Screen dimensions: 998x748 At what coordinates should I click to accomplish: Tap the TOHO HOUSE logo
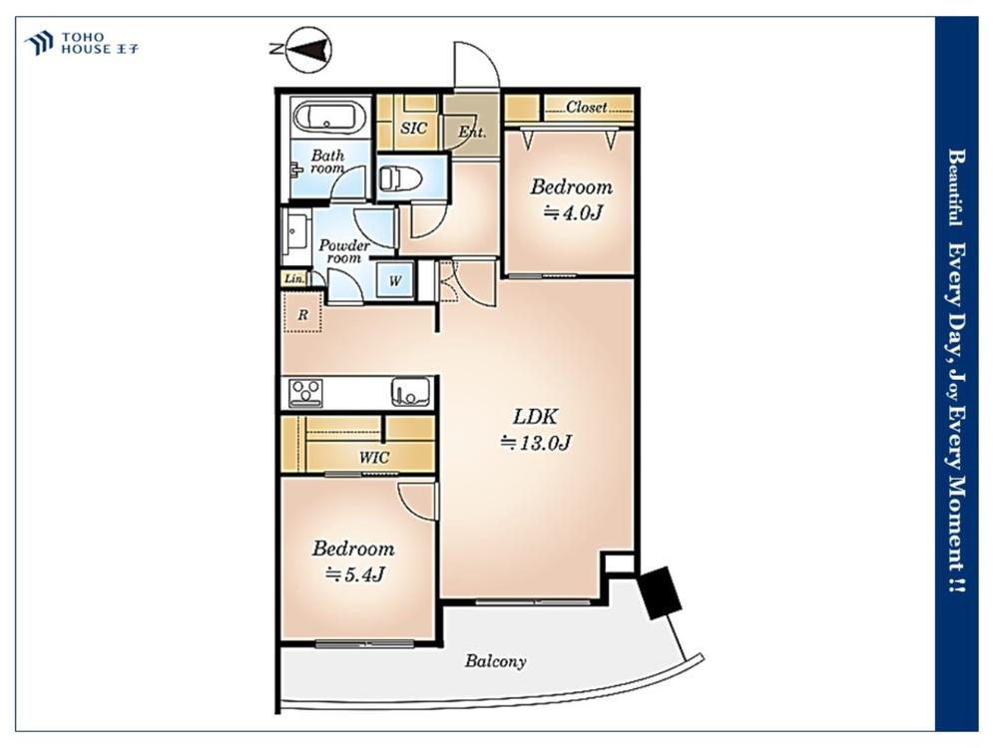(x=82, y=43)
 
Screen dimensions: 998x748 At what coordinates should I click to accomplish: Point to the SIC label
(x=414, y=128)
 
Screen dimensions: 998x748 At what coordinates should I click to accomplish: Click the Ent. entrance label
(x=472, y=133)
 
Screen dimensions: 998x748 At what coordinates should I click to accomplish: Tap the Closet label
(x=586, y=108)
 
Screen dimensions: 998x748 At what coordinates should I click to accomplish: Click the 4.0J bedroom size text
(x=572, y=213)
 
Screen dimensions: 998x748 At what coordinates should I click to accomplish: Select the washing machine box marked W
(x=394, y=279)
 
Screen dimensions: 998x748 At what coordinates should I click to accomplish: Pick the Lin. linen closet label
(x=294, y=278)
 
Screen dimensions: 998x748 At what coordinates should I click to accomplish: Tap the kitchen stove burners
(x=305, y=393)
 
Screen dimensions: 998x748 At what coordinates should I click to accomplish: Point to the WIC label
(x=373, y=458)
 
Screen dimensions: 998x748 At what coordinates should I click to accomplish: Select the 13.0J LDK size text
(x=536, y=442)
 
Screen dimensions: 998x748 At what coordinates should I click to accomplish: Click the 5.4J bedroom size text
(x=355, y=574)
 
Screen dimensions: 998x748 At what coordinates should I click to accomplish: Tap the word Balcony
(x=495, y=661)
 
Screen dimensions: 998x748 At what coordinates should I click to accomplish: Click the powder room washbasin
(x=296, y=232)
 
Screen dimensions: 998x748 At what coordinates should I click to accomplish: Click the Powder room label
(x=343, y=251)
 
